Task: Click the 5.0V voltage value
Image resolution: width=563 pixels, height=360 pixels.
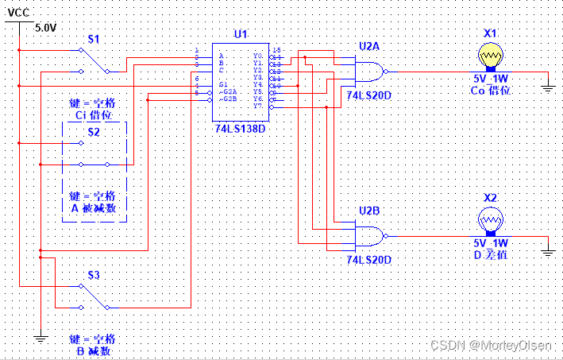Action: [x=45, y=27]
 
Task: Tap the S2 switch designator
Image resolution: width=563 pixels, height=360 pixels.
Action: [x=94, y=131]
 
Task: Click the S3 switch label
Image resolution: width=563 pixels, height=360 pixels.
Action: [x=94, y=275]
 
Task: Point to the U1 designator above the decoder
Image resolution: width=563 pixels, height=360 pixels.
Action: [x=241, y=34]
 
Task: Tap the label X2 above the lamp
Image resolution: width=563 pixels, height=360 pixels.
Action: [x=490, y=197]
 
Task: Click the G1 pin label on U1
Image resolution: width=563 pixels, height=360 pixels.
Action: [x=224, y=84]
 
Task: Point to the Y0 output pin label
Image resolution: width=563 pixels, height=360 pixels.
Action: [x=257, y=56]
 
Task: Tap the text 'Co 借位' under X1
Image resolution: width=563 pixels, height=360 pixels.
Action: [x=490, y=91]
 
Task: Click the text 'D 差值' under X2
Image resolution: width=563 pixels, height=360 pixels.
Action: [x=490, y=254]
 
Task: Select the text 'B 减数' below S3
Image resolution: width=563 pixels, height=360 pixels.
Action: [x=93, y=350]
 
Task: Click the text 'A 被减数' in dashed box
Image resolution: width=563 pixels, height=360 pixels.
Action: [x=93, y=208]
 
